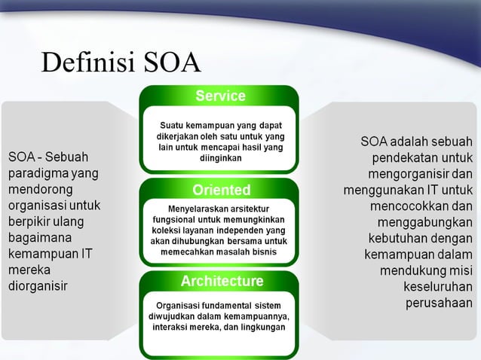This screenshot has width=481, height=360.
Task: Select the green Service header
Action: tap(220, 96)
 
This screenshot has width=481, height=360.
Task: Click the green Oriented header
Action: tap(221, 189)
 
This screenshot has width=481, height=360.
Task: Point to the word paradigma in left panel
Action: tap(37, 173)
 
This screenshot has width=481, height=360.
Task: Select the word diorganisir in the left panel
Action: tap(38, 287)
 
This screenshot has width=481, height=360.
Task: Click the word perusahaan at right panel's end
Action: tap(439, 304)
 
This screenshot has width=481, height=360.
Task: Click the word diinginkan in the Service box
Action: tap(221, 159)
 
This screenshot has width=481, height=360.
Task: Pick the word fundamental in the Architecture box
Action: tap(228, 305)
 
